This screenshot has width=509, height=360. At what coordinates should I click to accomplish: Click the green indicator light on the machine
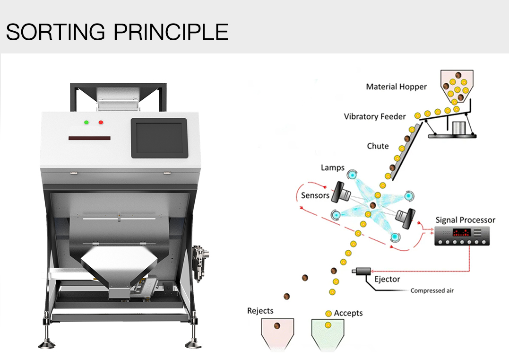86,123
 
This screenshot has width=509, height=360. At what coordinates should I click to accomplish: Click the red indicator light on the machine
101,123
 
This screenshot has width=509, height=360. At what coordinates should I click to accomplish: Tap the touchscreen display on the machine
159,137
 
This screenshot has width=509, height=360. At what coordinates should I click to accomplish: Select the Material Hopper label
396,87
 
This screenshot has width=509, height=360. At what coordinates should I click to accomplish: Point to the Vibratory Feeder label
375,116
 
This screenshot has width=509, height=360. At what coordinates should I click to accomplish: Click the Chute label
378,146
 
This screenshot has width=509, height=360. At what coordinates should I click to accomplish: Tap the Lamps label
332,168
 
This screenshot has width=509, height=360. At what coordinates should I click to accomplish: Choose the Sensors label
315,195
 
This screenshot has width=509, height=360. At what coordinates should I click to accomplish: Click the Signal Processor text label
465,220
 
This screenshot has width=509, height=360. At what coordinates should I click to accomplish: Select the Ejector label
387,279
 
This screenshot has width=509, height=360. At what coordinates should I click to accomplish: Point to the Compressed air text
431,290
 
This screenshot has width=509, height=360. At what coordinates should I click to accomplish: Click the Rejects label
260,311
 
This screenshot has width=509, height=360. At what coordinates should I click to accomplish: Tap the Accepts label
348,313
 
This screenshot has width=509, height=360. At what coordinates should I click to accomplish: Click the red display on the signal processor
460,233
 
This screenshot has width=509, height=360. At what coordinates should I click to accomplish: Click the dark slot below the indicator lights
89,138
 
